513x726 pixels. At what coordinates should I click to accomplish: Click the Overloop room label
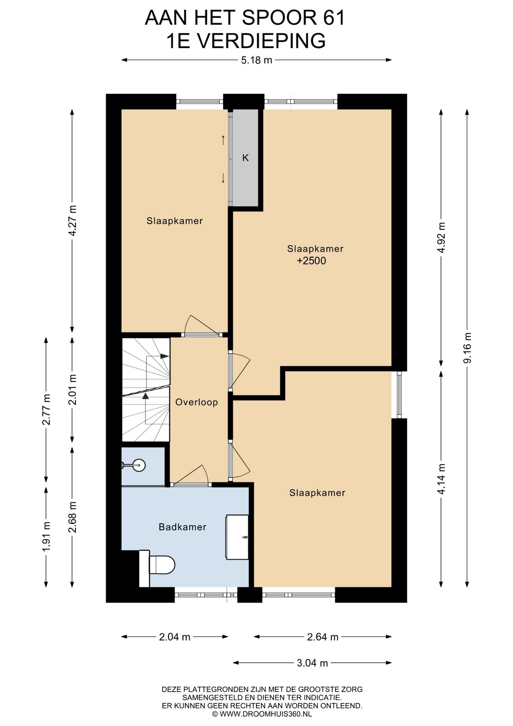(x=196, y=402)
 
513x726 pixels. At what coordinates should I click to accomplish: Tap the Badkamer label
(x=182, y=527)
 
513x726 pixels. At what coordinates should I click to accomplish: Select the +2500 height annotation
(x=311, y=261)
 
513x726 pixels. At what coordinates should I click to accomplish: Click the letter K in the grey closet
(x=246, y=158)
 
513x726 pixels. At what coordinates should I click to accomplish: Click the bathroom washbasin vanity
(x=237, y=537)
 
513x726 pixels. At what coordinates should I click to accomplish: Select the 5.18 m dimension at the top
(x=256, y=60)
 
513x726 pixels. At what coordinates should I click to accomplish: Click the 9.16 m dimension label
(x=467, y=348)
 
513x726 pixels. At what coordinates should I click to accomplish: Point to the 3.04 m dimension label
(x=312, y=662)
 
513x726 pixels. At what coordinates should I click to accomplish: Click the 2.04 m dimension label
(x=175, y=637)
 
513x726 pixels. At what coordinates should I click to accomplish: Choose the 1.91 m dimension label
(x=46, y=537)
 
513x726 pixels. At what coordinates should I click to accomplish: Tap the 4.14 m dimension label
(x=441, y=479)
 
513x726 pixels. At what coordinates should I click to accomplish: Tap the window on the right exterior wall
(x=399, y=395)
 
